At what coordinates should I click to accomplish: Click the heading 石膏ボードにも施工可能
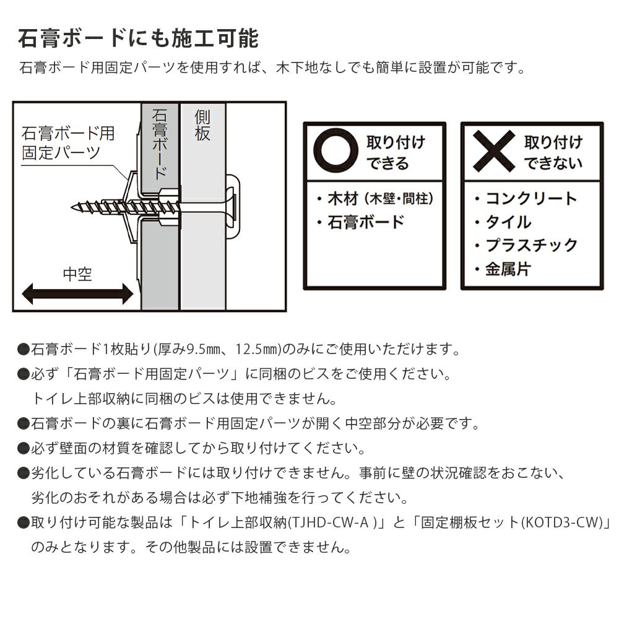click(139, 38)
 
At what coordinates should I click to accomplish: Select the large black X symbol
click(494, 150)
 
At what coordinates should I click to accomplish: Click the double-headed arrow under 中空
click(77, 293)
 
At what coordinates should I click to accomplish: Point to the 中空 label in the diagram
click(77, 274)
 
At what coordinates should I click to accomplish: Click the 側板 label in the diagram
click(202, 126)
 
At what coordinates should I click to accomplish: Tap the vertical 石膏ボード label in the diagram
click(160, 144)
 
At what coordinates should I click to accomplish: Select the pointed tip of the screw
click(72, 207)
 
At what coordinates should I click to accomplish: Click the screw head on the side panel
click(230, 207)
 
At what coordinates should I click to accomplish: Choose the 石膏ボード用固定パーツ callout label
click(68, 143)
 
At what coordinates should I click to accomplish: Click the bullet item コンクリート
click(526, 199)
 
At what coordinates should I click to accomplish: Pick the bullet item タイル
click(503, 222)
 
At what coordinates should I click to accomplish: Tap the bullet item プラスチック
click(526, 246)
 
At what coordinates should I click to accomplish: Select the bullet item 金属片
click(503, 269)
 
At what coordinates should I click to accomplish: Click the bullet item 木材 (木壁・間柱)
click(375, 199)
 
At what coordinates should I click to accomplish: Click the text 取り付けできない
click(553, 152)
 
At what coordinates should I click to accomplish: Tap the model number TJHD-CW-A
click(329, 522)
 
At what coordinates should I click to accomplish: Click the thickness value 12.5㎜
click(258, 349)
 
